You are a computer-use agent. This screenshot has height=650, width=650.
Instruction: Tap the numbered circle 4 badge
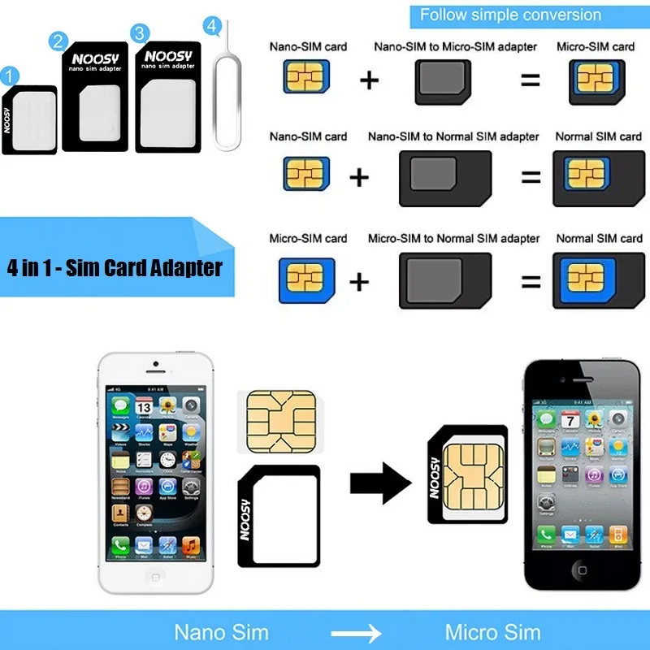213,27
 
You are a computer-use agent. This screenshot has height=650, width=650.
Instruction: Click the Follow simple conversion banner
510,15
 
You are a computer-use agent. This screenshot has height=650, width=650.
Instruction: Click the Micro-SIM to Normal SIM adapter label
453,238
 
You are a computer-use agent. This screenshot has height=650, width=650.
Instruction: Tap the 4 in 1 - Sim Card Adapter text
115,267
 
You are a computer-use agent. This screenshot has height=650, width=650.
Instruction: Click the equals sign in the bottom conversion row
530,282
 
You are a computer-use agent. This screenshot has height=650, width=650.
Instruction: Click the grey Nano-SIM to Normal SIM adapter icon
444,177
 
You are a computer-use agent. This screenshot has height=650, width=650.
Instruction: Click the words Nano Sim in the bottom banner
222,632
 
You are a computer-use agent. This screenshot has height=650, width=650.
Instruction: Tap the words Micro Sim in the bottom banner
492,632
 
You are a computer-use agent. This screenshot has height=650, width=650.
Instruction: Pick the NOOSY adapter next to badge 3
167,97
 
